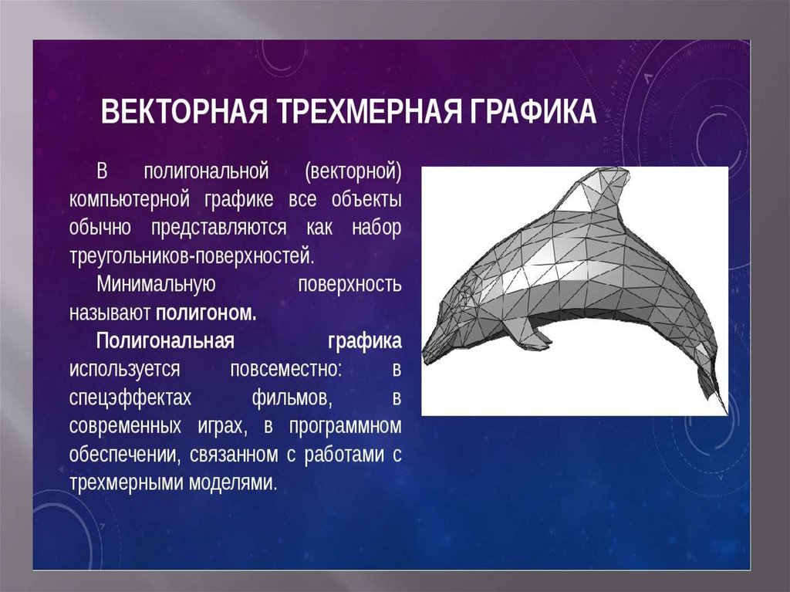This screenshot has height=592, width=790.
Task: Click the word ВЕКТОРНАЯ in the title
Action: coord(184,111)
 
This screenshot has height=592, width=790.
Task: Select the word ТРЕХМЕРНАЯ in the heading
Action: coord(370,111)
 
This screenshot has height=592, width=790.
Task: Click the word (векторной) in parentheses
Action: coord(353,172)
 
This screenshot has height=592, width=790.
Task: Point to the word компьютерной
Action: coord(130,200)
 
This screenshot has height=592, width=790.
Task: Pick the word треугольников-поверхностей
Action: coord(192,256)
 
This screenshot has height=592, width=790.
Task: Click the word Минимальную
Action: coord(156,284)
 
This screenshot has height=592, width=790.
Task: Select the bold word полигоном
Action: coord(206,313)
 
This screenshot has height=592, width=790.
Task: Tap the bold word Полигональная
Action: coord(165,341)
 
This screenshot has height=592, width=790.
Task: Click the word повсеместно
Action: coord(286,369)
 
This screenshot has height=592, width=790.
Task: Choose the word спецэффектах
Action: coord(130,397)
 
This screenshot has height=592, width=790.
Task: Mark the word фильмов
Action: coord(292,397)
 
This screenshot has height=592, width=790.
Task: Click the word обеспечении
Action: coord(125,455)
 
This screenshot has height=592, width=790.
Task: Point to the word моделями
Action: coord(234,482)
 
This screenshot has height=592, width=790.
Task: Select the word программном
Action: coord(346,427)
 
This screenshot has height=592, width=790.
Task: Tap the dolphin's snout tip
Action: coord(425,358)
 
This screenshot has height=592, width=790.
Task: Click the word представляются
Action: coord(218,228)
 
